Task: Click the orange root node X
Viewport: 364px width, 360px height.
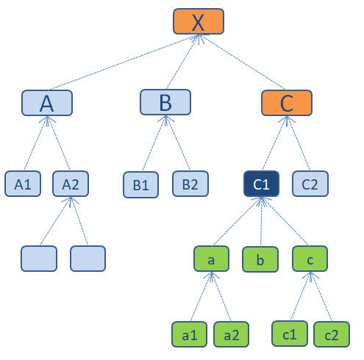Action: coord(199,21)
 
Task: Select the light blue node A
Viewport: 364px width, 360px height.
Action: coord(47,103)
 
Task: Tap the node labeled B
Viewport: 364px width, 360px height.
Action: coord(165,102)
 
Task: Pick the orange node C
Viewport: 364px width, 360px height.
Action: coord(287,103)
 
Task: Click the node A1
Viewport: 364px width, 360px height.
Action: coord(23,184)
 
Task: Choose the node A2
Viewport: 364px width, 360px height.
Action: coord(71,184)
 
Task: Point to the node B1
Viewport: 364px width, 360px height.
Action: coord(140,184)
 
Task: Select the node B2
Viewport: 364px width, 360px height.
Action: coord(190,184)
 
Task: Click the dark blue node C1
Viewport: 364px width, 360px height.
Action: coord(261,184)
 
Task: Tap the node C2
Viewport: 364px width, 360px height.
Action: coord(310,184)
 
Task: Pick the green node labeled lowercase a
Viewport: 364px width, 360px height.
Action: coord(211,259)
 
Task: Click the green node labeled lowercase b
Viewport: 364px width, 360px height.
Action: coord(260,259)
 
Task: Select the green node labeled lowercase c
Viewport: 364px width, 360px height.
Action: coord(310,259)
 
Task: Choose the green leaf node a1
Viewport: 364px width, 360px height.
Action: coord(189,334)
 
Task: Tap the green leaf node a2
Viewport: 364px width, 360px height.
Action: coord(231,334)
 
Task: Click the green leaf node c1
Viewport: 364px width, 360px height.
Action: coord(290,334)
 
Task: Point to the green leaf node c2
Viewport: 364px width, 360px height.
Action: coord(332,334)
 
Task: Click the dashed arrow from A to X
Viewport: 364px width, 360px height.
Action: coord(124,62)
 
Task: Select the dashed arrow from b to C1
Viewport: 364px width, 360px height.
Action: coord(261,221)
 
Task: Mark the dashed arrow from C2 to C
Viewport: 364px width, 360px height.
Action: coord(299,143)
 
